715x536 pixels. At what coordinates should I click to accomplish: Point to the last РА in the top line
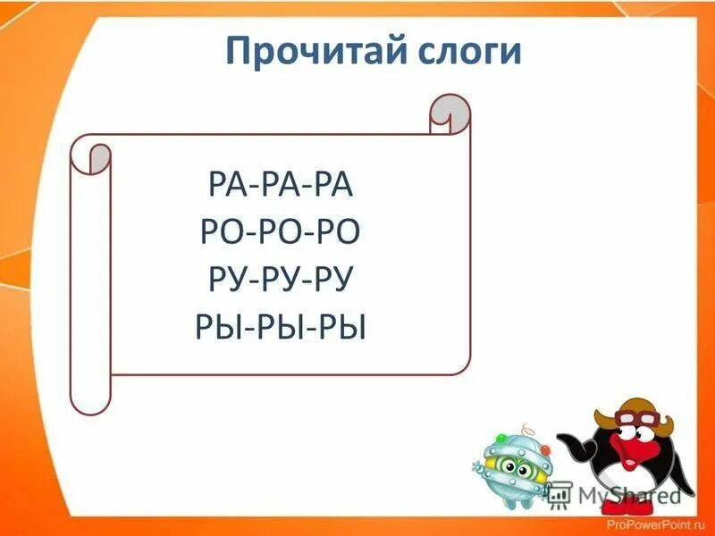tap(337, 188)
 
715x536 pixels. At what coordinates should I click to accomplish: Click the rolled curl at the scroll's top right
tap(449, 115)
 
